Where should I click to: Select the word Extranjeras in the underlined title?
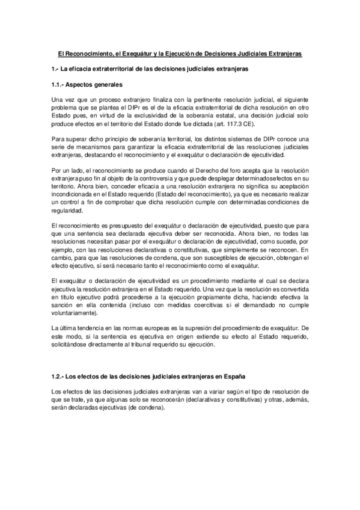284,54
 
